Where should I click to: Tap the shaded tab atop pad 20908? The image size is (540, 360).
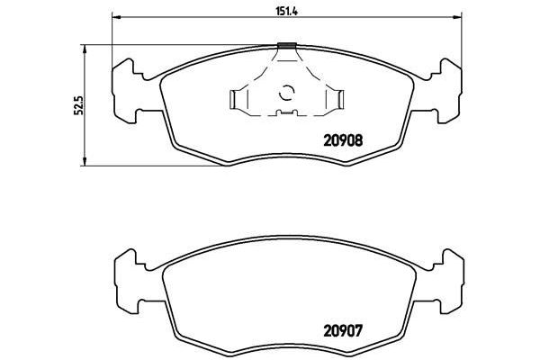(x=288, y=46)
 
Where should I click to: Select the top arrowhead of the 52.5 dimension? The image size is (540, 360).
(x=85, y=46)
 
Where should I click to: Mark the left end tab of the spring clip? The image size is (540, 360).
(x=236, y=99)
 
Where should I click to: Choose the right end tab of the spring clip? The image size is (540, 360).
(x=340, y=99)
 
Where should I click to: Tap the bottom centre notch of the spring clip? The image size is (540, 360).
(x=288, y=112)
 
